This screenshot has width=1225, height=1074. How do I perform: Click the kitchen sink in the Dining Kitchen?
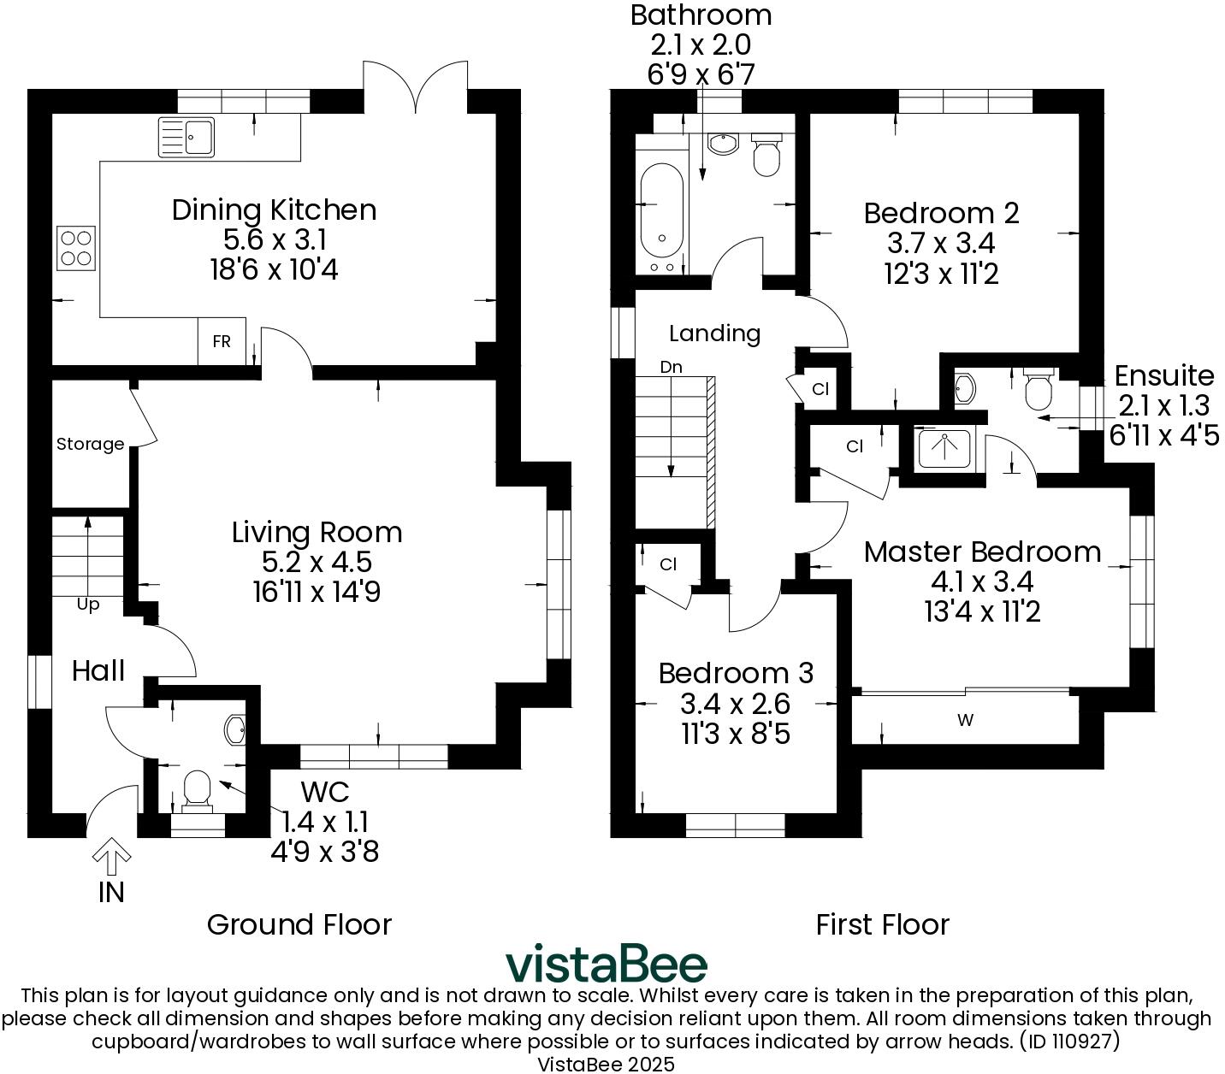[187, 137]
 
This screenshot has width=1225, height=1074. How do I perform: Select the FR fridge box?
[222, 341]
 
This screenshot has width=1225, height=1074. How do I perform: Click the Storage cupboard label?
[90, 444]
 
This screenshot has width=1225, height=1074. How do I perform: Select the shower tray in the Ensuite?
[944, 449]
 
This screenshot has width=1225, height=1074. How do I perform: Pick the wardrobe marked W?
[965, 720]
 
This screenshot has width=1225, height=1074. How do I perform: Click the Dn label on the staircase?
[671, 367]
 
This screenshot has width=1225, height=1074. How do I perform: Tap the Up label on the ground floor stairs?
[88, 605]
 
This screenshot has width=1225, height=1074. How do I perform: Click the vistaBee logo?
[607, 964]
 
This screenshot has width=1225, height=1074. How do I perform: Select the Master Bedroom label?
[982, 552]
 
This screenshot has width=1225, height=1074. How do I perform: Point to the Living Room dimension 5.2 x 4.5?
[317, 562]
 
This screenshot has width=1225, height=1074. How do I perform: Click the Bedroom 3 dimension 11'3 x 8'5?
[735, 733]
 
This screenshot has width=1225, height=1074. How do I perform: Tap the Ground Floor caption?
[299, 924]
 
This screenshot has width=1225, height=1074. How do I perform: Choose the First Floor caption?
[882, 924]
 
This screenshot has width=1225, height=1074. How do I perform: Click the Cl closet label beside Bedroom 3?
[668, 564]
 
